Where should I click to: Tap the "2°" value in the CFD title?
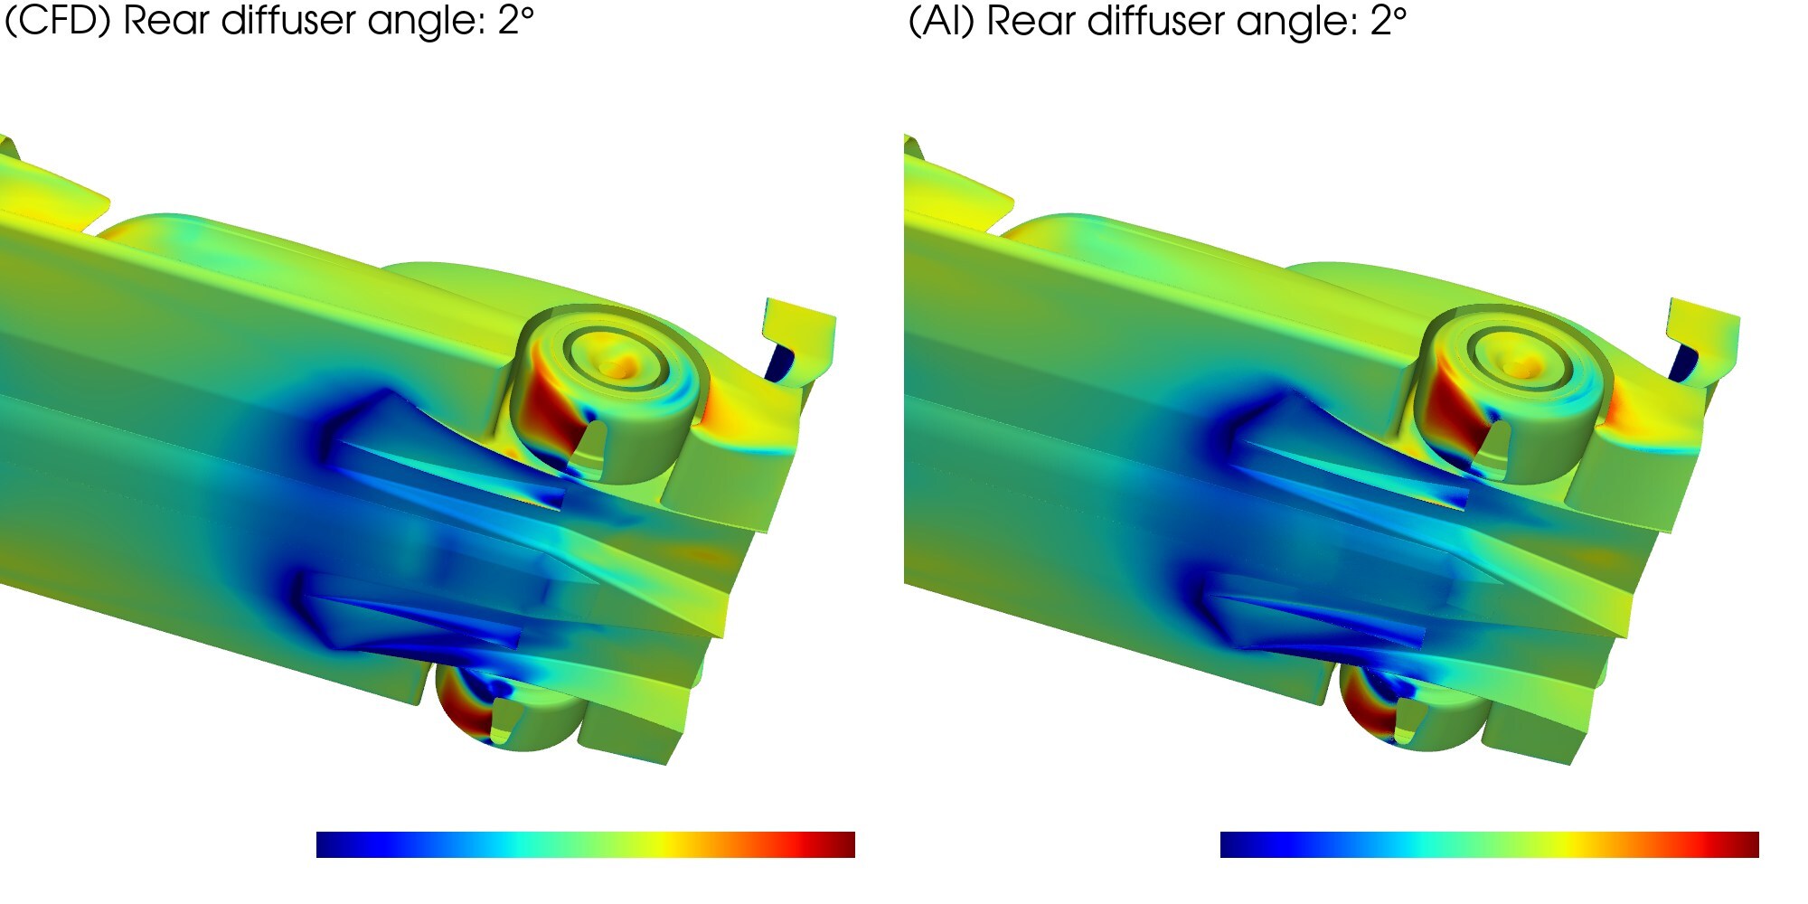[x=515, y=20]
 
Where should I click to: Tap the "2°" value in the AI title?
[x=1389, y=20]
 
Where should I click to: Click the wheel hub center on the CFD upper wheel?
[x=619, y=366]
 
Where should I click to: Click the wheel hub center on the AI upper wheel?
[x=1523, y=366]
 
